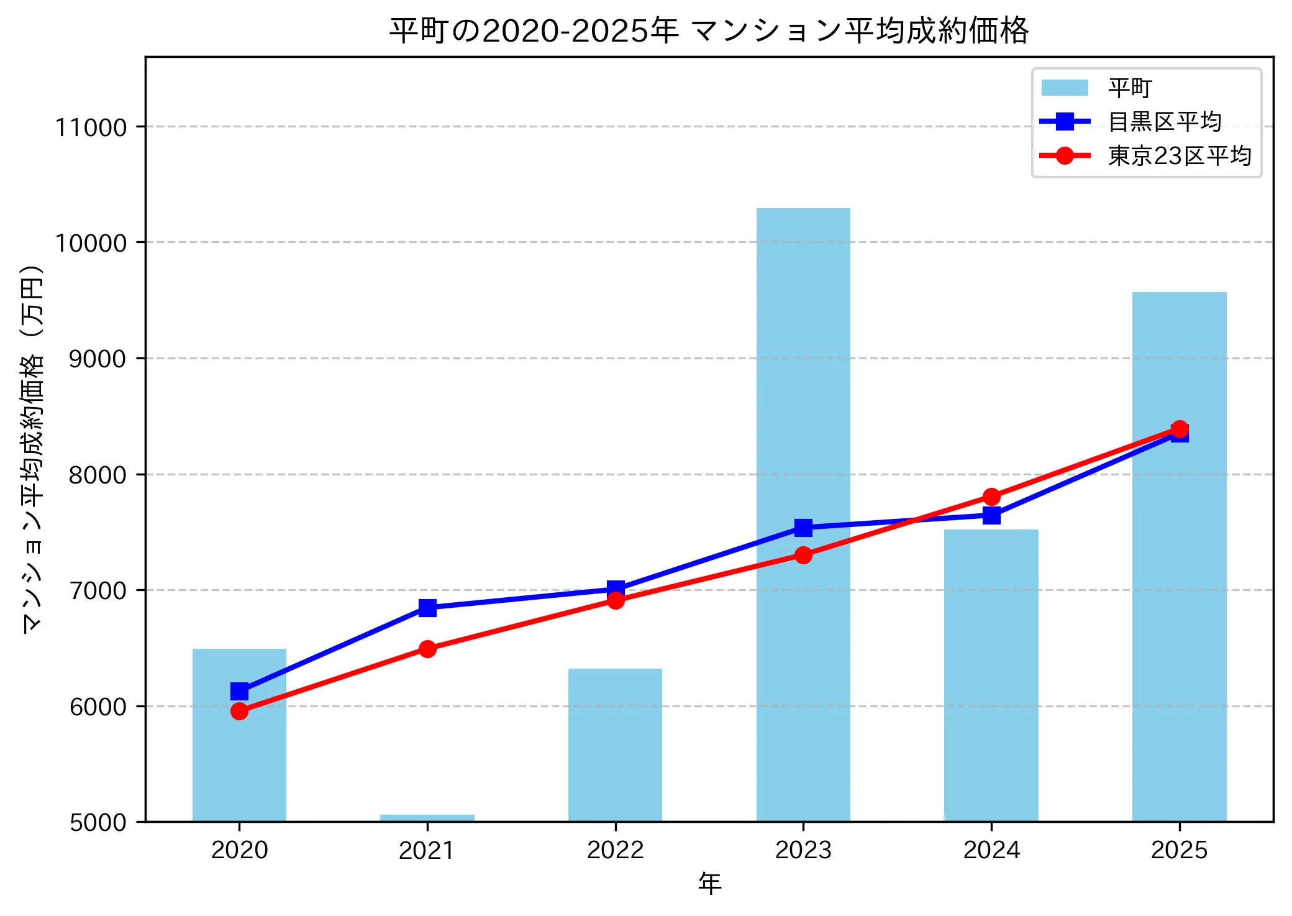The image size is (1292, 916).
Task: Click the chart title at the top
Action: [709, 31]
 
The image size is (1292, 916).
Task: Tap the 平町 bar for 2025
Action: [1179, 621]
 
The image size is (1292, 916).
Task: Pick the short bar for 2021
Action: [427, 818]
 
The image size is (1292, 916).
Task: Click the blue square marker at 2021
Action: [427, 607]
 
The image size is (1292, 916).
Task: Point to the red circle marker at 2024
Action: [991, 497]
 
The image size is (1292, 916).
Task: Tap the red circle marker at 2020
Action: [239, 711]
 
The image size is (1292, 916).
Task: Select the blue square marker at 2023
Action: [803, 528]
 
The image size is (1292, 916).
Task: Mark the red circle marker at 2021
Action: [427, 649]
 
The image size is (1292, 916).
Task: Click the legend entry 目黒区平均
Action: [1165, 121]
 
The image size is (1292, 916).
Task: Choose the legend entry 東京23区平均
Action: [1179, 155]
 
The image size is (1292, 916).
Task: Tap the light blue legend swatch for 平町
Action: [1065, 88]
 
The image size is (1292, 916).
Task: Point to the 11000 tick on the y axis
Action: [91, 127]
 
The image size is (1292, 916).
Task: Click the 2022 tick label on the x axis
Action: [615, 850]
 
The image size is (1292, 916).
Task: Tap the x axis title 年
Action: [709, 883]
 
